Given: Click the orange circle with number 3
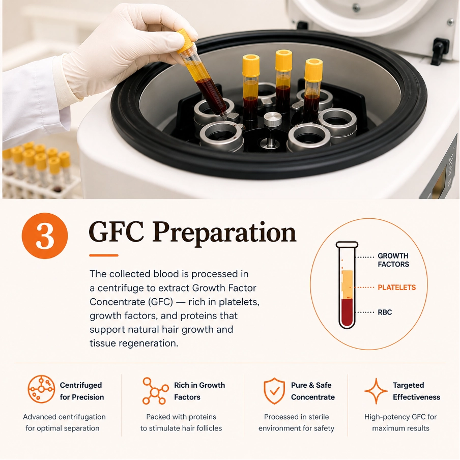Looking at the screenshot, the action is tap(45, 236).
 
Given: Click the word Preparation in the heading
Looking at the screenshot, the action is tap(224, 233).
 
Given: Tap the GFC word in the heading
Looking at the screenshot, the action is tap(116, 232).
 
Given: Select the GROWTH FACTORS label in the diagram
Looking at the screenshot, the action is tap(393, 260).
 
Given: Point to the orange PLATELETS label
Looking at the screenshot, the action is tap(396, 287).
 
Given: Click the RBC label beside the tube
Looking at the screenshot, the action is tap(385, 312).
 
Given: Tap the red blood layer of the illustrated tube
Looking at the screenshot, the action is tap(347, 312).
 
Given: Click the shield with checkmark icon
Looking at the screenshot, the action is tap(274, 391).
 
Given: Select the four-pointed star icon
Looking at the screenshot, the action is tap(376, 391).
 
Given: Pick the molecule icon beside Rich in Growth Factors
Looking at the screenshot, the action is tap(155, 391).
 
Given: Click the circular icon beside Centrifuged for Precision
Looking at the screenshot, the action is tap(41, 389).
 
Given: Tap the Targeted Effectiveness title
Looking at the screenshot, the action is tap(416, 391).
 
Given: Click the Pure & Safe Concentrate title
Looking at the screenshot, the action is tap(313, 391).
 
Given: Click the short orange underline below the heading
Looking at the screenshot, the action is tap(104, 255).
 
